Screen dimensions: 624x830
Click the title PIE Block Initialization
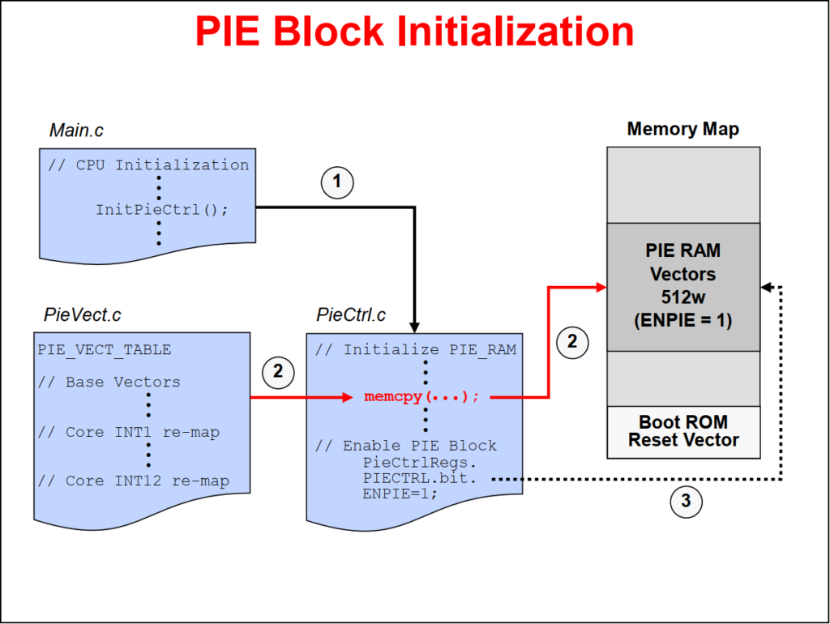tap(414, 32)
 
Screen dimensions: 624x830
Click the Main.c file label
tap(76, 130)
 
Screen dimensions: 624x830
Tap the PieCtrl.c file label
tap(351, 314)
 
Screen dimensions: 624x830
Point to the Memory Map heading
tap(682, 129)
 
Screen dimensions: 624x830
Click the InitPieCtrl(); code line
tap(162, 209)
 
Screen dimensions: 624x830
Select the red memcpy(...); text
tap(422, 397)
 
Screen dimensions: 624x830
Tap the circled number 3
tap(685, 502)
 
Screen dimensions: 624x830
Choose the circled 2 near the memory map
tap(572, 341)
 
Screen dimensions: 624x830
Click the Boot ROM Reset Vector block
tap(683, 431)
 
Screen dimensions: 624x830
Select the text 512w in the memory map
tap(683, 297)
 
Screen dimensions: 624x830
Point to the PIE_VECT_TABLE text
tap(105, 350)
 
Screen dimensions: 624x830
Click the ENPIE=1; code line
tap(400, 494)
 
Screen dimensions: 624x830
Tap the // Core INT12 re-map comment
tap(133, 481)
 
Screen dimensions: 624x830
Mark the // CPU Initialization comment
tap(148, 165)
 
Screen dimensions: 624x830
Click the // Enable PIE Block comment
tap(405, 446)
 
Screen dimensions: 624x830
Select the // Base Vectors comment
tap(109, 382)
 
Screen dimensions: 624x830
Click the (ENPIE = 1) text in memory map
tap(683, 320)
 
